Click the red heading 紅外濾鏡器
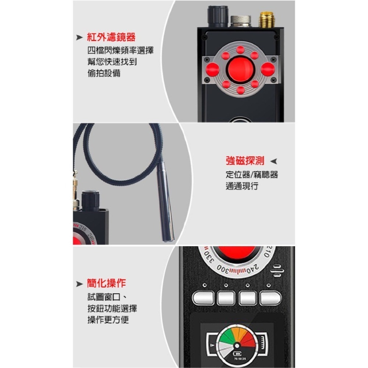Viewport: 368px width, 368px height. pyautogui.click(x=111, y=37)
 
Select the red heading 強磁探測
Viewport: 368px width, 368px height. pyautogui.click(x=245, y=161)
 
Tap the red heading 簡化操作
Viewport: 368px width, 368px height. pyautogui.click(x=107, y=283)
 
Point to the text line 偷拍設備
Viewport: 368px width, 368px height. pyautogui.click(x=104, y=73)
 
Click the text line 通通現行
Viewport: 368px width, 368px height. pyautogui.click(x=242, y=186)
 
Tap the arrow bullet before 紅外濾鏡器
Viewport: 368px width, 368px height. pyautogui.click(x=79, y=38)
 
